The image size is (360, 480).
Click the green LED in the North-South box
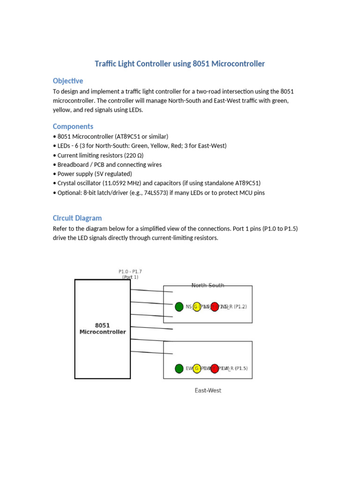[x=179, y=307]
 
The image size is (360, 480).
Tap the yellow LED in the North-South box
[x=197, y=307]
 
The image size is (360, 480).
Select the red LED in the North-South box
[x=214, y=307]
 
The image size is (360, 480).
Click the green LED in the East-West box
[x=179, y=368]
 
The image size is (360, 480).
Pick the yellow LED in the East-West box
[x=197, y=368]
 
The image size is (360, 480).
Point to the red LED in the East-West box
[x=214, y=368]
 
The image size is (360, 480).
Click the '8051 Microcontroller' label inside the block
[x=103, y=329]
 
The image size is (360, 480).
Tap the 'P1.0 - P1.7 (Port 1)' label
[x=130, y=274]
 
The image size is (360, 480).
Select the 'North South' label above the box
[x=208, y=285]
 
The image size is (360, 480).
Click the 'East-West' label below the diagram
[x=208, y=390]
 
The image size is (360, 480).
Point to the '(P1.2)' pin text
[x=240, y=307]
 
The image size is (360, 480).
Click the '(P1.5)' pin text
[x=241, y=368]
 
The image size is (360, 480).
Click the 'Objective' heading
[x=68, y=81]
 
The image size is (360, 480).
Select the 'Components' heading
[x=73, y=127]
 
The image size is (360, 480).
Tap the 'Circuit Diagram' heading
[x=77, y=218]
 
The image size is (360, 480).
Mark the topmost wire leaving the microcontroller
[x=151, y=291]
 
